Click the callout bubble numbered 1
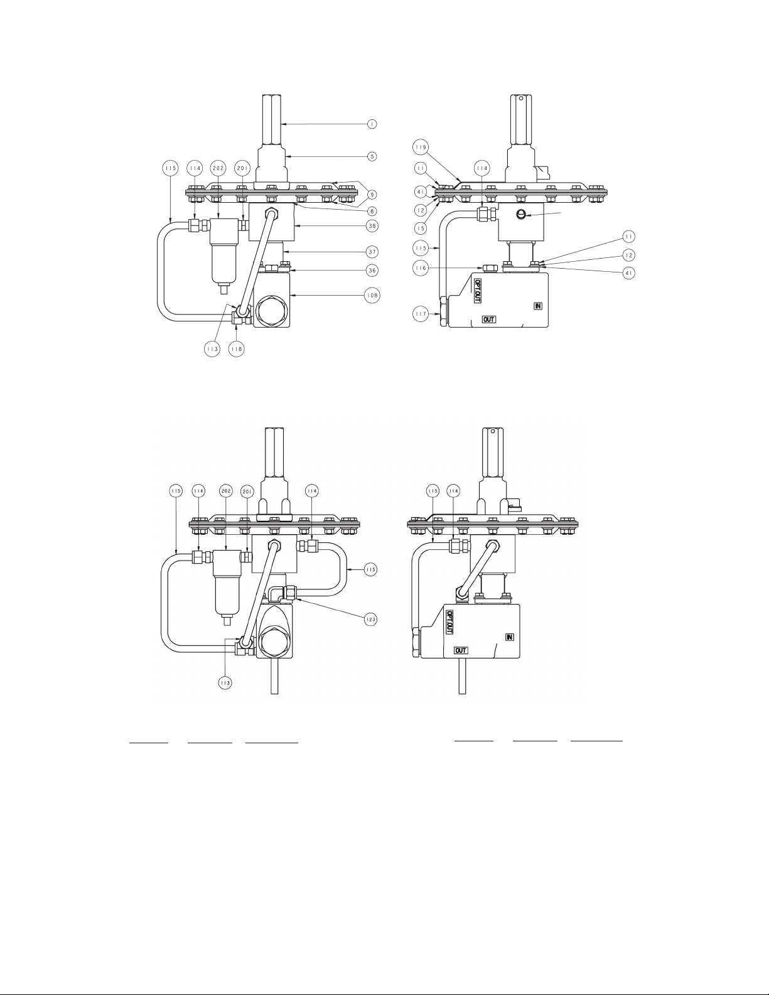pyautogui.click(x=372, y=124)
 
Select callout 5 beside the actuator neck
pyautogui.click(x=372, y=156)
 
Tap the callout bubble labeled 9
pyautogui.click(x=372, y=195)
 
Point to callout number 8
pyautogui.click(x=372, y=211)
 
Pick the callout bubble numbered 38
pyautogui.click(x=372, y=226)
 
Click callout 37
pyautogui.click(x=372, y=252)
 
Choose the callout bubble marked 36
pyautogui.click(x=372, y=271)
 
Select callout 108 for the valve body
pyautogui.click(x=372, y=296)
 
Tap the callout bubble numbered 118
pyautogui.click(x=236, y=349)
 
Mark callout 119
pyautogui.click(x=421, y=147)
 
